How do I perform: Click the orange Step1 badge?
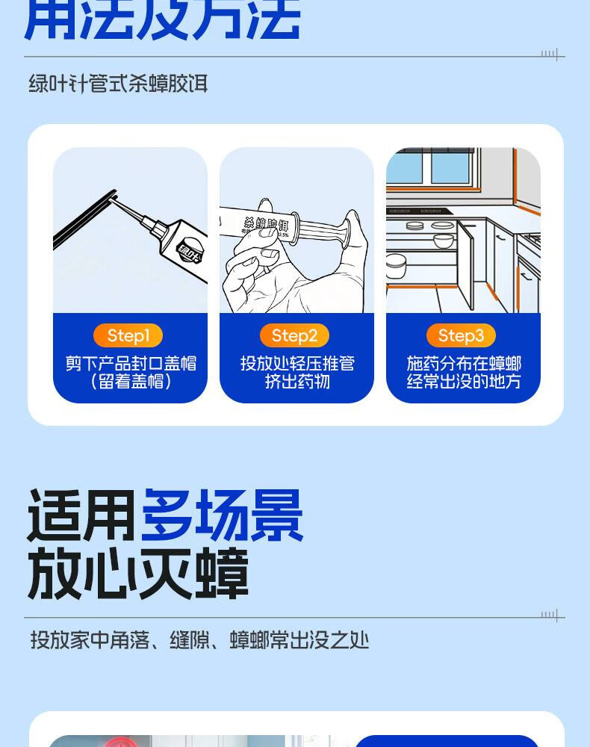click(x=128, y=335)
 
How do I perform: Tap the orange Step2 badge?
click(x=294, y=335)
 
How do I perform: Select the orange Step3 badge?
click(x=461, y=335)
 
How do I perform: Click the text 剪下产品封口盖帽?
click(x=130, y=363)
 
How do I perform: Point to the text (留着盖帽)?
click(x=130, y=382)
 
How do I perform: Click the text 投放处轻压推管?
click(x=296, y=363)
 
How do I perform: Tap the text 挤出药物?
click(x=296, y=382)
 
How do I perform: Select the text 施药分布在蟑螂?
click(x=463, y=363)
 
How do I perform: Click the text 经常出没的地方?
click(x=463, y=382)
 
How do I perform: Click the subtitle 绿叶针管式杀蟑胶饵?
click(x=118, y=84)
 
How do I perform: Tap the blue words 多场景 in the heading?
click(x=222, y=515)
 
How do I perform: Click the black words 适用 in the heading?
click(x=81, y=515)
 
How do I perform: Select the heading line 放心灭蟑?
click(x=137, y=574)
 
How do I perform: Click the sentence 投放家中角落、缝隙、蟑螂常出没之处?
click(x=199, y=640)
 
